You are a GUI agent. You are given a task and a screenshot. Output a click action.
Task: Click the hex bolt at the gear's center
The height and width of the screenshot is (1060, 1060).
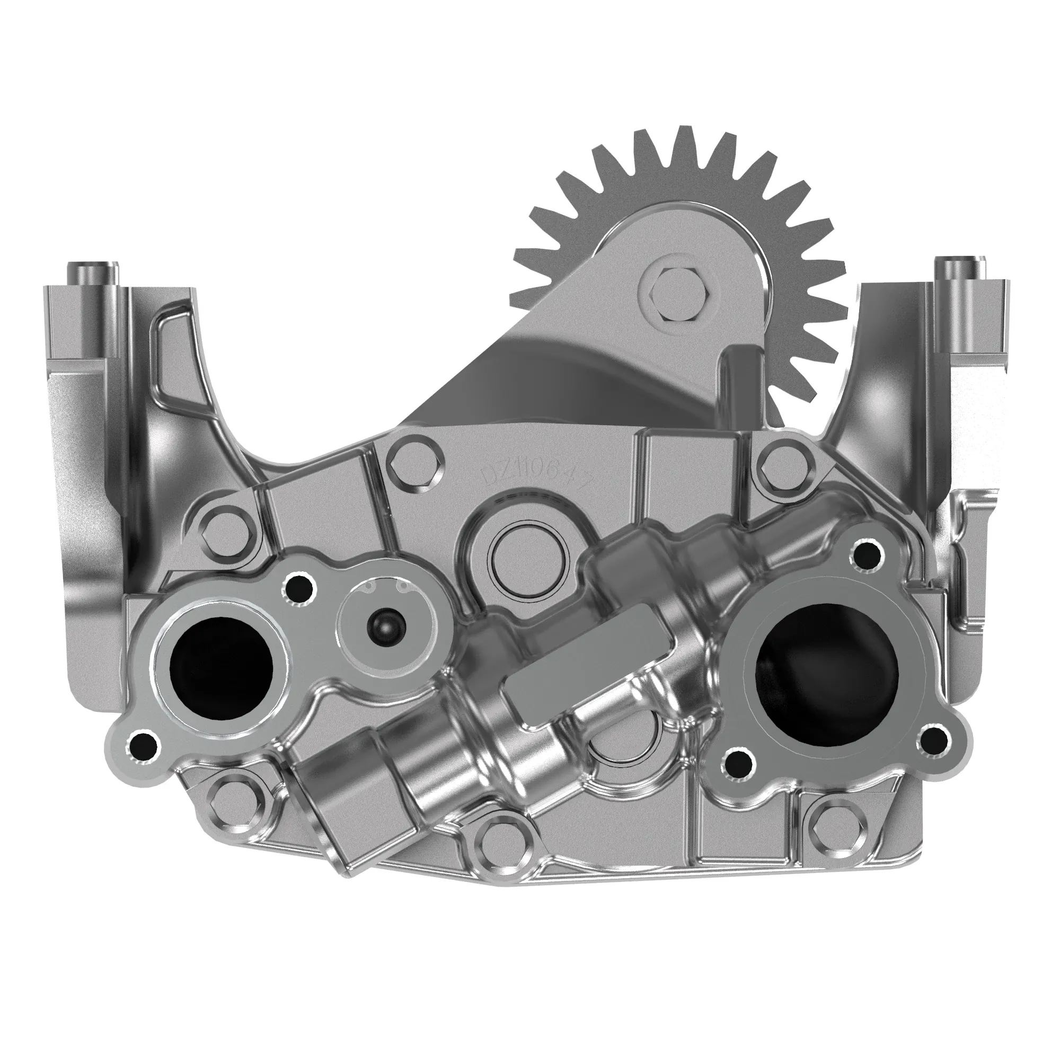point(674,295)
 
